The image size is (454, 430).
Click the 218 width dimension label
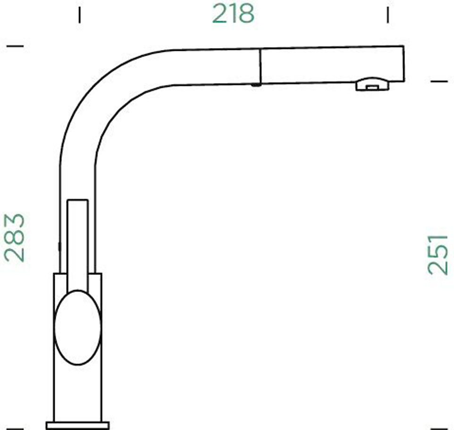tap(233, 14)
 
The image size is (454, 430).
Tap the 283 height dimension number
tap(15, 238)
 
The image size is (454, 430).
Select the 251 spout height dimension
tap(438, 255)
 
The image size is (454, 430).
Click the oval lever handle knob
tap(77, 327)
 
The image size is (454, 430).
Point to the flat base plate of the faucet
tap(77, 426)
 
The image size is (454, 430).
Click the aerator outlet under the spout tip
tap(372, 84)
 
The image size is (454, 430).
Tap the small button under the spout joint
tap(256, 85)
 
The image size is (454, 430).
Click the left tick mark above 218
tap(80, 15)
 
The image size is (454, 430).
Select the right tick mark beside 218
tap(388, 15)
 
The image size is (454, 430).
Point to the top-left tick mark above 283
tap(15, 46)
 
